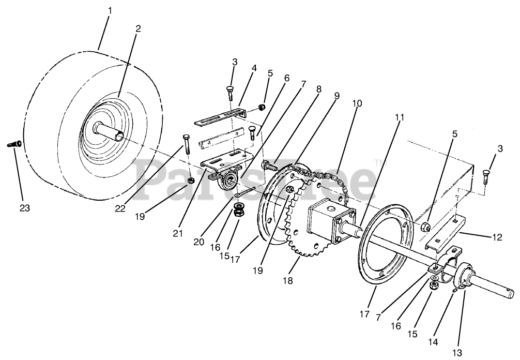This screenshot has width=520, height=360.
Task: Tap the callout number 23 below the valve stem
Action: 25,208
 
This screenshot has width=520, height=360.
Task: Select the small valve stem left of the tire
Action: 14,144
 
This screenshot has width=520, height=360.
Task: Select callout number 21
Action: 178,233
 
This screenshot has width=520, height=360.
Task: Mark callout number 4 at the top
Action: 253,67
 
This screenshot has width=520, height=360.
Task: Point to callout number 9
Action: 337,96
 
